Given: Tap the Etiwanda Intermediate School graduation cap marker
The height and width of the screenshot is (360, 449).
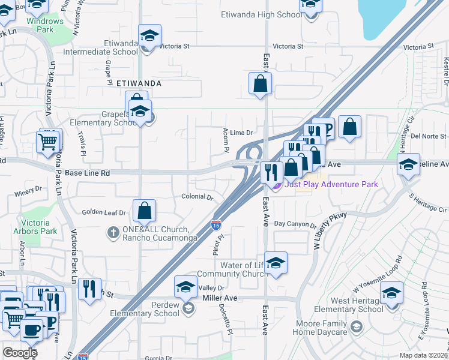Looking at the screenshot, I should pos(149,35).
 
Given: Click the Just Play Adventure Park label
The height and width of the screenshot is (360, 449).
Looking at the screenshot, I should pos(331,184).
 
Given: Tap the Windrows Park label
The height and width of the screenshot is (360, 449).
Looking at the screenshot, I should pos(45,25).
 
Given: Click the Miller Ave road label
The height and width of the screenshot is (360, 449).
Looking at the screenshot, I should pos(220,298).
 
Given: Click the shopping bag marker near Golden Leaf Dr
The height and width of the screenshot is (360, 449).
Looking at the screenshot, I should pos(144,211).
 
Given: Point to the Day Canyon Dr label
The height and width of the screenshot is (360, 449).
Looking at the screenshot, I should pos(295,225).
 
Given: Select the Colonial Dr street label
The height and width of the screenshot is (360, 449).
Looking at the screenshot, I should pos(197,197).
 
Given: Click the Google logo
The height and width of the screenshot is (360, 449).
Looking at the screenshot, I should pos(20,353).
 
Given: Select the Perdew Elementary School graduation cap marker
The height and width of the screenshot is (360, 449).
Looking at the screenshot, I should pos(186,287).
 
